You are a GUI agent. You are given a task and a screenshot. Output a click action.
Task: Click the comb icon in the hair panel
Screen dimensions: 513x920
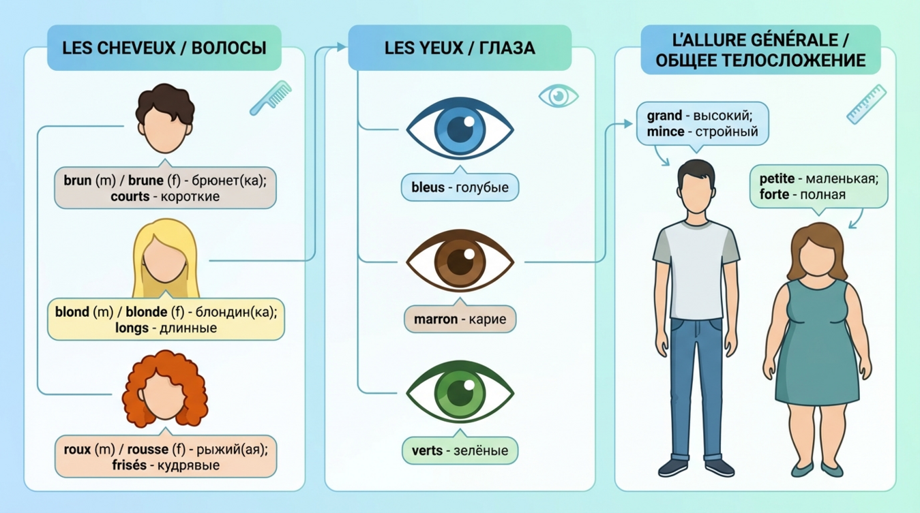coord(270,97)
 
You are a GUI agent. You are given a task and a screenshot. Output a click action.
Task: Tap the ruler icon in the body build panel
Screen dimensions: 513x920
coord(866,104)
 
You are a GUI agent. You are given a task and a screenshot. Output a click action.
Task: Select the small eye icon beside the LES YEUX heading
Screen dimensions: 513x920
coord(559,96)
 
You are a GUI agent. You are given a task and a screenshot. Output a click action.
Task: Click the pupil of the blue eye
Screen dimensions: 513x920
coord(460,129)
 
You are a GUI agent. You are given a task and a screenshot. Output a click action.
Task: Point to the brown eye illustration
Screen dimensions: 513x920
coord(460,261)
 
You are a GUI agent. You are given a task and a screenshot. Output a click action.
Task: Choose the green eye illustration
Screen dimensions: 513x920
coord(460,393)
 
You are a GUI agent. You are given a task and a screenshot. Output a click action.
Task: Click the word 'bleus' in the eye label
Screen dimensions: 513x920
coord(427,187)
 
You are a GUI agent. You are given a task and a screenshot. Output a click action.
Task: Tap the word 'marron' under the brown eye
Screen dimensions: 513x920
coord(435,319)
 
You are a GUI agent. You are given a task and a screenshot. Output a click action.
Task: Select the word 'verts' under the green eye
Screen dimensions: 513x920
coord(427,451)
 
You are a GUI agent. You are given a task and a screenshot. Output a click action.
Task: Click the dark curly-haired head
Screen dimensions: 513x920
coord(164,119)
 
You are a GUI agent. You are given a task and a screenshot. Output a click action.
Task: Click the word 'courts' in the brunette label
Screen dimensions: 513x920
coord(130,196)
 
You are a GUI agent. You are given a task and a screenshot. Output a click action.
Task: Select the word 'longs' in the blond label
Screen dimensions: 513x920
coord(132,328)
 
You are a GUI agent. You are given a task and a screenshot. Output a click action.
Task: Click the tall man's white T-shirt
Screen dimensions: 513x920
coord(696,273)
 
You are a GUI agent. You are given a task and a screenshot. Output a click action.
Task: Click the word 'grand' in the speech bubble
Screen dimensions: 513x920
coord(664,116)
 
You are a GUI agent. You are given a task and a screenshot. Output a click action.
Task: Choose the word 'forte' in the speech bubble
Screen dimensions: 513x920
coord(775,195)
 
